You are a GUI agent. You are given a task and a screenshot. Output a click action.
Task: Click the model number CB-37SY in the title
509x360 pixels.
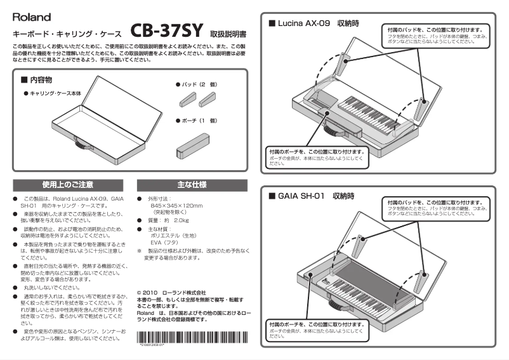[166, 30]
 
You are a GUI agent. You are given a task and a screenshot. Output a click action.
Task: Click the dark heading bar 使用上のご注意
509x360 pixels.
[68, 185]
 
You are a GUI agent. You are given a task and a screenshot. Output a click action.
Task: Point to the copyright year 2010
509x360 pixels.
[151, 293]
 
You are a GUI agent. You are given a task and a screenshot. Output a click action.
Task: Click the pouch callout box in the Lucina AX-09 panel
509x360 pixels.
[316, 157]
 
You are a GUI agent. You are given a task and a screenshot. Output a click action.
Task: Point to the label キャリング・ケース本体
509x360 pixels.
[55, 93]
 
